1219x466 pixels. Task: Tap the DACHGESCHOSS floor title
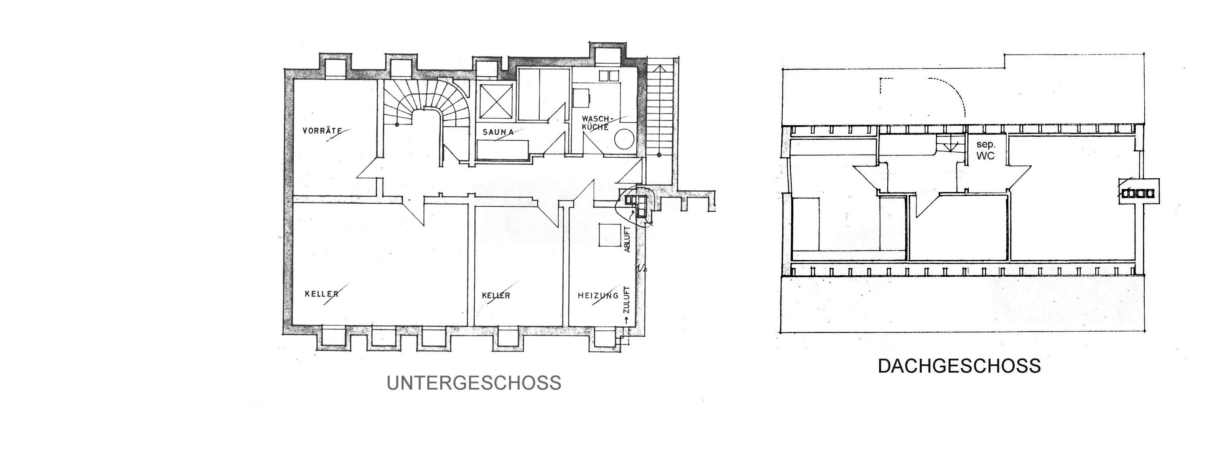click(x=959, y=366)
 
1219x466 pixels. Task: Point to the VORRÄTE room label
click(x=322, y=130)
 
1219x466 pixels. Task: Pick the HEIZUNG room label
click(x=598, y=296)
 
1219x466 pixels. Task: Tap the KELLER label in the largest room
click(x=322, y=294)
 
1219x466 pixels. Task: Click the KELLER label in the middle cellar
click(x=496, y=296)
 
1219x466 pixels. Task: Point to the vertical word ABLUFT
click(x=627, y=240)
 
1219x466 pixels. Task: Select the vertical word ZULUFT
click(x=626, y=301)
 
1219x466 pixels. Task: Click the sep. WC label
click(x=986, y=151)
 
